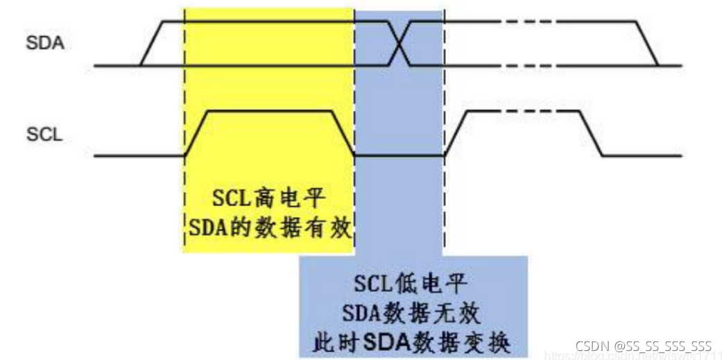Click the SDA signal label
[x=45, y=43]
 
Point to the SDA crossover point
[x=399, y=44]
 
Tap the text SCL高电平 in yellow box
[x=269, y=199]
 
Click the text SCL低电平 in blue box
[x=412, y=284]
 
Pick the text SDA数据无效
[x=412, y=313]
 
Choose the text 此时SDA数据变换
[x=412, y=341]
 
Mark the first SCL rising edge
[x=196, y=133]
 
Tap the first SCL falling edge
[x=343, y=133]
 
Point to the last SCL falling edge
[x=591, y=133]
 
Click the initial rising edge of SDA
[x=151, y=43]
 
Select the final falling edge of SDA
[x=648, y=43]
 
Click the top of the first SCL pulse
[x=269, y=110]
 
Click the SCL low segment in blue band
[x=399, y=156]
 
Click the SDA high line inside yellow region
[x=269, y=22]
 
